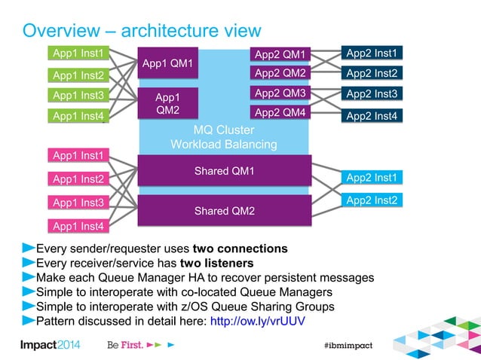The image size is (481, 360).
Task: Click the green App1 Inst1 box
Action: [x=78, y=53]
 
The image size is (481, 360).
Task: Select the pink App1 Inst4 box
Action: [x=78, y=225]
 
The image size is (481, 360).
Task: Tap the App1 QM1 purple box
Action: [x=167, y=63]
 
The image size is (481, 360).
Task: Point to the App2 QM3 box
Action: [x=280, y=93]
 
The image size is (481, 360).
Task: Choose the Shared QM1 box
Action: [x=223, y=170]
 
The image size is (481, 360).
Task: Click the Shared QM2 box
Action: [x=223, y=210]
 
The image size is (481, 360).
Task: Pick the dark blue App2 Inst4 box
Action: [x=372, y=116]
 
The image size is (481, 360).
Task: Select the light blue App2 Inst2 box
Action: [x=372, y=200]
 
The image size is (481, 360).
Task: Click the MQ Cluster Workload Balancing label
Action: [x=223, y=136]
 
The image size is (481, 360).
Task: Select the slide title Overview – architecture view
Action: [x=142, y=31]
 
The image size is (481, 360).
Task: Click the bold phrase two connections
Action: [x=240, y=249]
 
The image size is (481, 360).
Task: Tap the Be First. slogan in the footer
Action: [x=124, y=344]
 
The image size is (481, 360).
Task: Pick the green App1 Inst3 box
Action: [x=78, y=95]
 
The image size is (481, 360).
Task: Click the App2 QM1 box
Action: [x=280, y=54]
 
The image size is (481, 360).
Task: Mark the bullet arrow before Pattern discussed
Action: [x=28, y=321]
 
